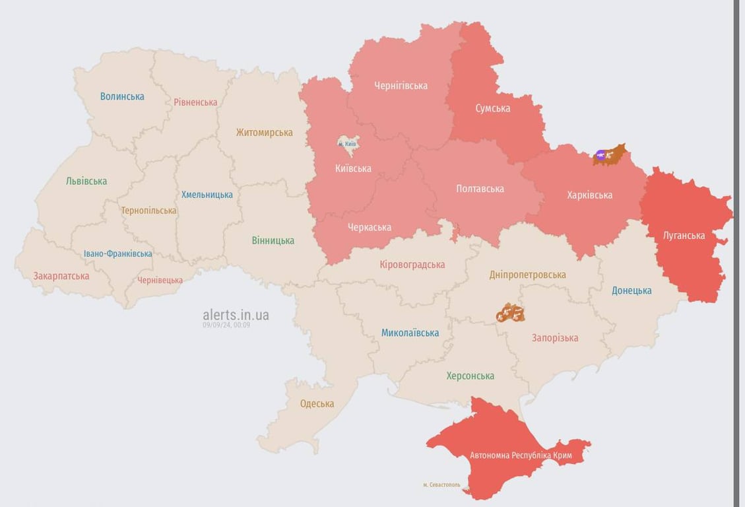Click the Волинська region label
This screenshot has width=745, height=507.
tap(122, 96)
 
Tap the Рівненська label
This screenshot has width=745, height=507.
tap(195, 102)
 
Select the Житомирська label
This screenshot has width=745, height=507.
tap(264, 132)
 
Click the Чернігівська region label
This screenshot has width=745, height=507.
tap(401, 85)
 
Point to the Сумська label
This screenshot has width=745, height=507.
tap(492, 108)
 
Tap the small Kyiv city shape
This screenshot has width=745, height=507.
tap(346, 143)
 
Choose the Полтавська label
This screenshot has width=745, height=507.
tap(480, 189)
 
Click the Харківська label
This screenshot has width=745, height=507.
tap(589, 195)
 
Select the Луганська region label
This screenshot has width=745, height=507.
tap(684, 235)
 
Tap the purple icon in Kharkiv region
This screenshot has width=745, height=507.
tap(600, 156)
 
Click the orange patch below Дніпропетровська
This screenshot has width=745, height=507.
tap(510, 313)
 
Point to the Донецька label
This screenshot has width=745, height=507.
tap(632, 290)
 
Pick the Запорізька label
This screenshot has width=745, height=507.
tap(555, 337)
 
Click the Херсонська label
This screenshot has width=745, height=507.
tap(470, 376)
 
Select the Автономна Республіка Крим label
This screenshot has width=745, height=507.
tap(521, 456)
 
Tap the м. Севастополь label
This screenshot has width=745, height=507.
tap(441, 485)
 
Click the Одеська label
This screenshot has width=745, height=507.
tap(317, 403)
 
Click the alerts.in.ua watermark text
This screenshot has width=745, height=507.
tap(236, 315)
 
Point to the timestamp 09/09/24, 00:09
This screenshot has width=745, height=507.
tap(226, 325)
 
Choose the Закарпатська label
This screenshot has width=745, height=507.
tap(61, 276)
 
